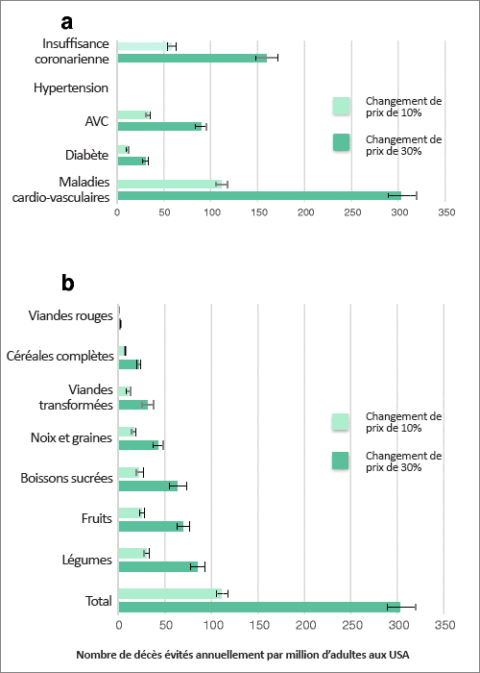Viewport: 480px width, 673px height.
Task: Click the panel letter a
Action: coord(67,23)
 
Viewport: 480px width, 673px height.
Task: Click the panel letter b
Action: coord(68,284)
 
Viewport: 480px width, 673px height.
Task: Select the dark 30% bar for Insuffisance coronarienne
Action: coord(192,58)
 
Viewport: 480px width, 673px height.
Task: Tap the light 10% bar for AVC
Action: coord(132,114)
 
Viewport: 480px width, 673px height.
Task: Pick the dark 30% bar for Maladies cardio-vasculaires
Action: coord(260,196)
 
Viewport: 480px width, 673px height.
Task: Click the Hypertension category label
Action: coord(71,88)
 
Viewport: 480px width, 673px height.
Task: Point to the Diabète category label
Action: coord(87,155)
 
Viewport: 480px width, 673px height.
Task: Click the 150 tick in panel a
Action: coord(257,212)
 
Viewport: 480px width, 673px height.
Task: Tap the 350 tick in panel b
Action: coord(444,624)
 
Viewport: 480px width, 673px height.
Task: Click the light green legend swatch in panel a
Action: coord(341,106)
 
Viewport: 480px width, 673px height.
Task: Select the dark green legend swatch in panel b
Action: coord(340,461)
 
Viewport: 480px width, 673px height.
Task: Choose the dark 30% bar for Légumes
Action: coord(158,566)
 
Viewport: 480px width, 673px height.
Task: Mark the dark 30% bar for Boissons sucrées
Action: coord(148,486)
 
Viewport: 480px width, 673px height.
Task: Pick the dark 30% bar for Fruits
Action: coord(151,526)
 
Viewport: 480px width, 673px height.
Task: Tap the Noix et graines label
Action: coord(71,437)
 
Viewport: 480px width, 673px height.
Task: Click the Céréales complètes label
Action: coord(60,356)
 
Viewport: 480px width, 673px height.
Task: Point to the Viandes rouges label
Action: coord(71,316)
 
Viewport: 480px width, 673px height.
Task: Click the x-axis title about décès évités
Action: coord(243,655)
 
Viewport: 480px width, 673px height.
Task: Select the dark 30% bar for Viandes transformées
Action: coord(133,405)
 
